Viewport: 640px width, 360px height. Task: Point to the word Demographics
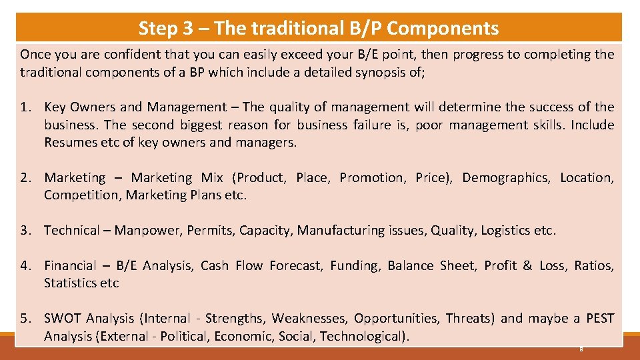(x=506, y=177)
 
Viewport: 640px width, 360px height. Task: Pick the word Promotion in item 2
(x=371, y=177)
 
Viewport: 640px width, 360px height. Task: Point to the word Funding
(x=355, y=265)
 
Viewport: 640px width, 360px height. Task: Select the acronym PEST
(x=600, y=318)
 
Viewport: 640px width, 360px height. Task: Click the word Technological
(x=362, y=336)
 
